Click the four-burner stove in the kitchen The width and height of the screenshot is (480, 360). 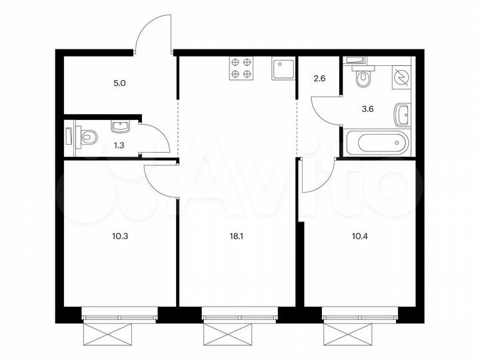(241, 68)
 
